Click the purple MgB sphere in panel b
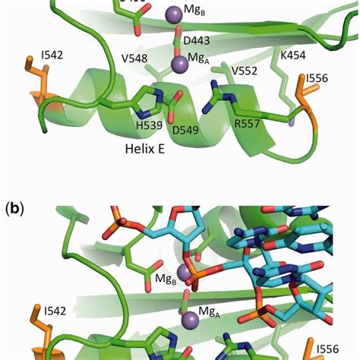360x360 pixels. [183, 272]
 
